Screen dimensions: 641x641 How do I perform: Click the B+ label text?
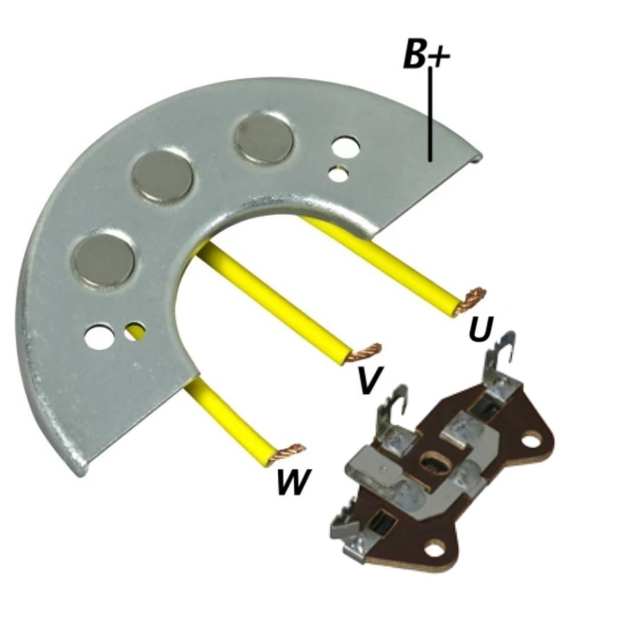(x=426, y=53)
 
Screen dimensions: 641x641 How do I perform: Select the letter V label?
(x=370, y=380)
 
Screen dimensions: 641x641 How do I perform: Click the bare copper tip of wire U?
(x=474, y=297)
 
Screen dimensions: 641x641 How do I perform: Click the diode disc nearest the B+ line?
(x=264, y=140)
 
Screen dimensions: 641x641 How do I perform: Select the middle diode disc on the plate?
(x=162, y=177)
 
